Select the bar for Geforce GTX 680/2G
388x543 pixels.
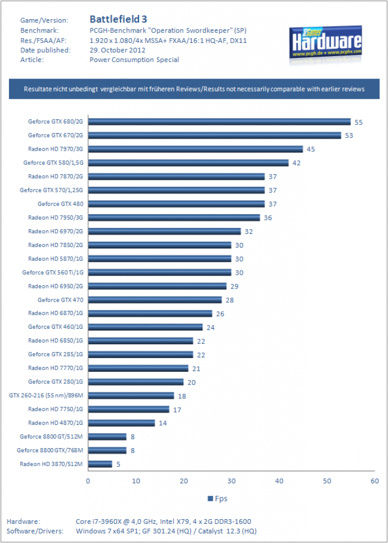220,121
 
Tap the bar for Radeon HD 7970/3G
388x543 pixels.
195,149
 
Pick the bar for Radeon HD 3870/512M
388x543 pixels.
100,463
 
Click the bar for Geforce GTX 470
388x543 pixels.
155,300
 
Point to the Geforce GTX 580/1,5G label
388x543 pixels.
54,162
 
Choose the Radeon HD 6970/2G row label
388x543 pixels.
56,231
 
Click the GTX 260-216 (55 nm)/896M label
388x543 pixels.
46,395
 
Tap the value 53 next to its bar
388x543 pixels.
349,135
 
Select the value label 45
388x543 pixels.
311,149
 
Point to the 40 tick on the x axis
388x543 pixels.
279,481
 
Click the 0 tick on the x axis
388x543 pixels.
88,481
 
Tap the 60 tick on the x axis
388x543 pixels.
375,481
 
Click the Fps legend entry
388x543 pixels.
218,498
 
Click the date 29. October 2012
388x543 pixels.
117,50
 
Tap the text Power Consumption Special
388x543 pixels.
134,60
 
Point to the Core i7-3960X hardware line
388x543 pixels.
163,522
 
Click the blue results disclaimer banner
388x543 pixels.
194,89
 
